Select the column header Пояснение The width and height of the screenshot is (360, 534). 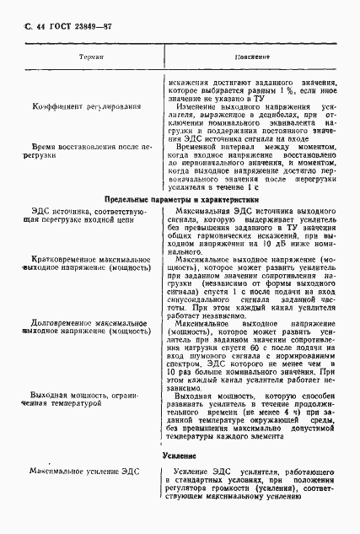point(251,57)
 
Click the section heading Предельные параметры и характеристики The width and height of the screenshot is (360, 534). point(180,199)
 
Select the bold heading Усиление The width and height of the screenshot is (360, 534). point(180,455)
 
